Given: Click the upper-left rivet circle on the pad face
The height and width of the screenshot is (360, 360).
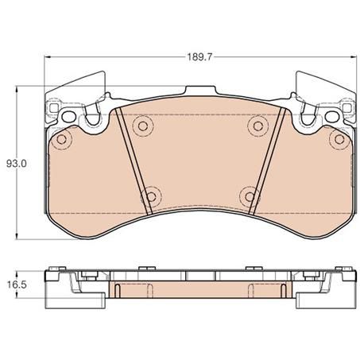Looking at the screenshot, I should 143,125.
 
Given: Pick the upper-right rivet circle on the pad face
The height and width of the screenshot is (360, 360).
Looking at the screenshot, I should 255,125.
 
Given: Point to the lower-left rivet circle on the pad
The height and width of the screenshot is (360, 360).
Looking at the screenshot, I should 149,195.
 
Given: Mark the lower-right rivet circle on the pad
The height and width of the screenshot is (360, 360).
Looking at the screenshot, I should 250,195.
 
